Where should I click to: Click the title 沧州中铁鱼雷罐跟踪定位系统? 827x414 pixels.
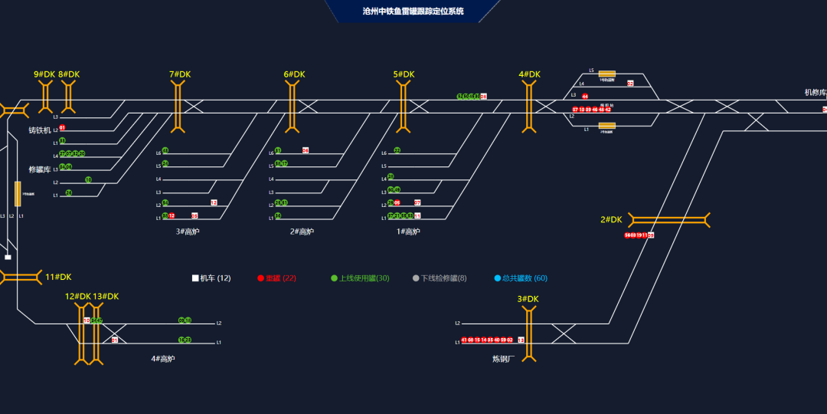click(x=413, y=11)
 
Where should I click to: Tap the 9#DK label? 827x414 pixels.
click(x=44, y=74)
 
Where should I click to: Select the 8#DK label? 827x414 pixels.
click(x=69, y=74)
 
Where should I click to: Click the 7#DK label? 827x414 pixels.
click(x=180, y=74)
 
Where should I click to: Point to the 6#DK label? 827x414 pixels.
click(x=294, y=74)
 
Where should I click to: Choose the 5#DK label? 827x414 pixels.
click(x=404, y=74)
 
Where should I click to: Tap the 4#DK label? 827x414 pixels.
click(x=529, y=74)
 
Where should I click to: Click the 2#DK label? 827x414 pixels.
click(x=611, y=220)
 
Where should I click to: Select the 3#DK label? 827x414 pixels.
click(x=528, y=299)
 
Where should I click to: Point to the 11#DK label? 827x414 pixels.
click(x=58, y=277)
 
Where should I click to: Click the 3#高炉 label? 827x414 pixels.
click(x=187, y=232)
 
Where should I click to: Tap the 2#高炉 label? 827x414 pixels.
click(x=302, y=232)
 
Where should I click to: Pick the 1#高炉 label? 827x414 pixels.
click(x=408, y=232)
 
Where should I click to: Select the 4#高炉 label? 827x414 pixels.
click(x=163, y=358)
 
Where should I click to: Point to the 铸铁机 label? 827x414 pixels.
click(x=40, y=130)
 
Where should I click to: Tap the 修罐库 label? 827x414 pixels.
click(x=40, y=169)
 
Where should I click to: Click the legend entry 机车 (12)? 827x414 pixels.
click(x=211, y=278)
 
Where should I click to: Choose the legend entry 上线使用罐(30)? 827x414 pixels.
click(x=360, y=278)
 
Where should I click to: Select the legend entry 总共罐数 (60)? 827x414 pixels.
click(x=521, y=278)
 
